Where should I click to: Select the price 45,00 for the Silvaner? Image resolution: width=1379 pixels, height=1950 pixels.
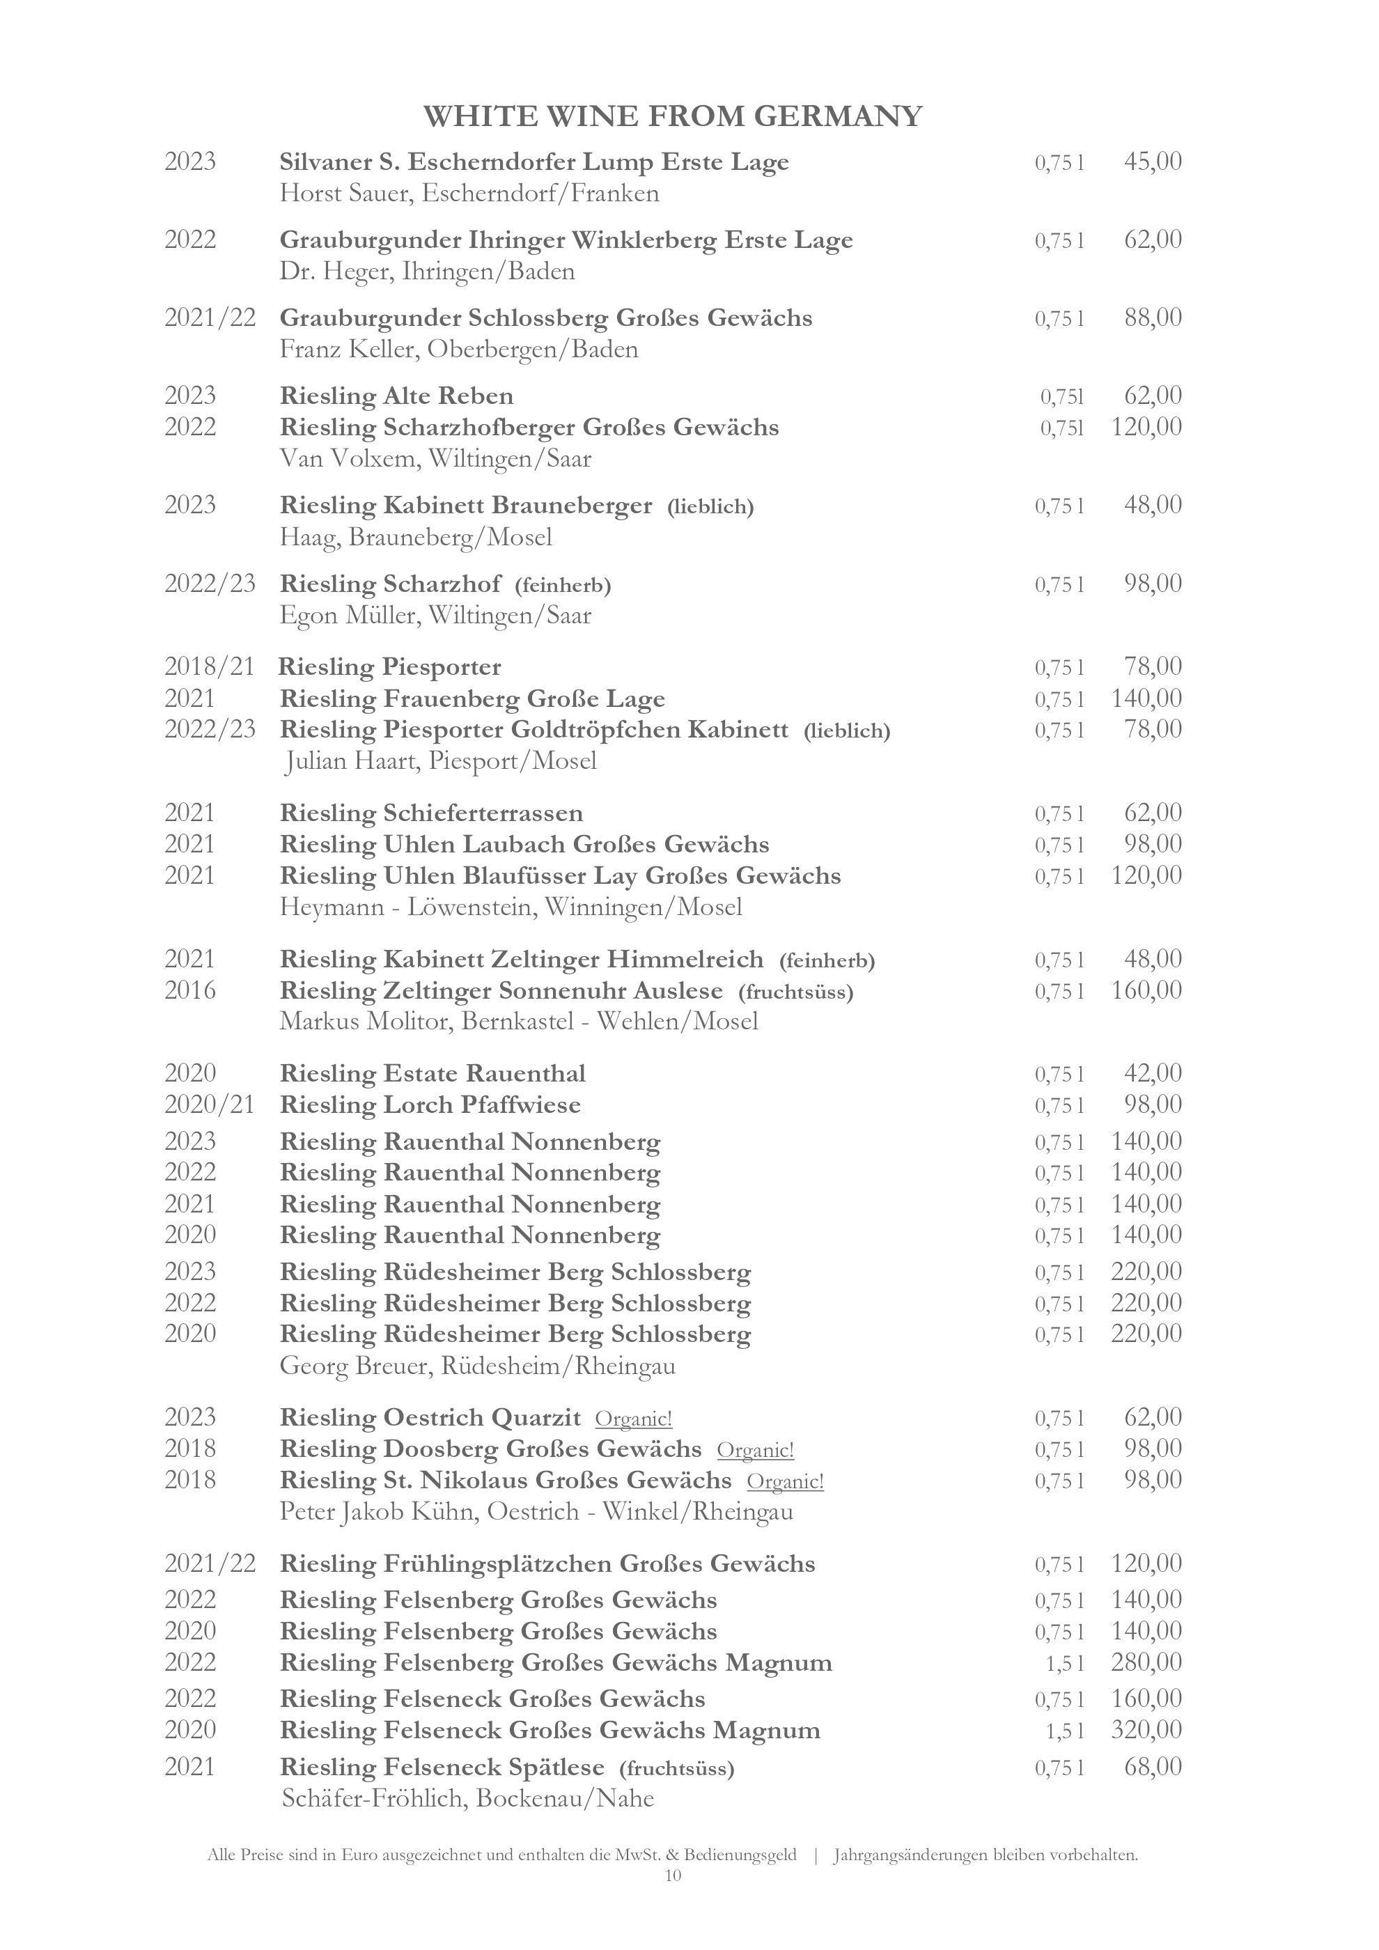1152,162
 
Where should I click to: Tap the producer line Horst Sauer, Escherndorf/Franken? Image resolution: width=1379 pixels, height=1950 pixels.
469,194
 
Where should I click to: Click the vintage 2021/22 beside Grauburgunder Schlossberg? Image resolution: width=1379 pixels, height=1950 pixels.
210,318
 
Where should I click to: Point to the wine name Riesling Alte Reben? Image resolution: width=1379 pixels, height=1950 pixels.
396,396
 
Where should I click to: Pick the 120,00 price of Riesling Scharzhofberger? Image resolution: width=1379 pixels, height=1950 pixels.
1146,426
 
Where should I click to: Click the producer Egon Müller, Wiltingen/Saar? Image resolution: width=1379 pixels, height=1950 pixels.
435,615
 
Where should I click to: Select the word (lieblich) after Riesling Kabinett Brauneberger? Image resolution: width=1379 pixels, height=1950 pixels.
710,507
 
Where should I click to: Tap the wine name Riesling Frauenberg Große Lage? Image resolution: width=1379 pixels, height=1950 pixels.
472,699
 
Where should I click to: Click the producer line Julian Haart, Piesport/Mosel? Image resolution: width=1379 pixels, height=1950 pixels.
440,761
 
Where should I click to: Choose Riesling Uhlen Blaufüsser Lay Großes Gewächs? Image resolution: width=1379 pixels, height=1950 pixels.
561,875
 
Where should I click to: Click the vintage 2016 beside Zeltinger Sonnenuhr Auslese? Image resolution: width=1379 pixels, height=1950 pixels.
190,990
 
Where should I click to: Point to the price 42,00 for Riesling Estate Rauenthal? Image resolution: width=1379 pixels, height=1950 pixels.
1152,1073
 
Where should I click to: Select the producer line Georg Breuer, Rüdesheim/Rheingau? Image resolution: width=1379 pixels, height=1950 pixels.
477,1366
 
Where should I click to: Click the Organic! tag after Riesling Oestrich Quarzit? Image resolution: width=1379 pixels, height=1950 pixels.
634,1419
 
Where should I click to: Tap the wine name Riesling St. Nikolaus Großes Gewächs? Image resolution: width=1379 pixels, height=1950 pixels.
505,1481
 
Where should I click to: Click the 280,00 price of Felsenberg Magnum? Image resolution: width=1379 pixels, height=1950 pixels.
1146,1662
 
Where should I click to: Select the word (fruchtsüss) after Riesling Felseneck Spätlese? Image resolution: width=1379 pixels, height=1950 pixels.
677,1768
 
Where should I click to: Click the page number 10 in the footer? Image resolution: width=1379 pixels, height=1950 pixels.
673,1876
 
